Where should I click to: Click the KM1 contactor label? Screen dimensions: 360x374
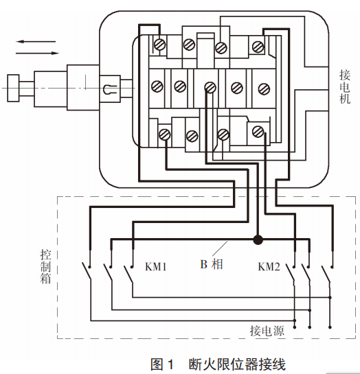(156, 266)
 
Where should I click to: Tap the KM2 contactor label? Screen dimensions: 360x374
(269, 266)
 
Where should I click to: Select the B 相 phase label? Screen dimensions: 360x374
(212, 264)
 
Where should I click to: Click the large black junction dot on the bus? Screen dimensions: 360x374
(258, 239)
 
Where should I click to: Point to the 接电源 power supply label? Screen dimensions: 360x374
(267, 331)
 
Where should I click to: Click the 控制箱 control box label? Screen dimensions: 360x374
(45, 267)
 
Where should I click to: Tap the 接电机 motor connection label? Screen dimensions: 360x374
(345, 86)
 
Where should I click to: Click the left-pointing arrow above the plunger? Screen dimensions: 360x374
(36, 41)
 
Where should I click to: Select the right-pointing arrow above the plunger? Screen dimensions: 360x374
(37, 53)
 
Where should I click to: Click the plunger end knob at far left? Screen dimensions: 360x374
(13, 89)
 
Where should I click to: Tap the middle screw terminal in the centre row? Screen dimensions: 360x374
(210, 88)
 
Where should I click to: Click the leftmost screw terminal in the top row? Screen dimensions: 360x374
(159, 44)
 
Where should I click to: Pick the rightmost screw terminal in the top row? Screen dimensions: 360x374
(258, 47)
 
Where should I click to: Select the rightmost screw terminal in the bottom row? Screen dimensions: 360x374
(258, 132)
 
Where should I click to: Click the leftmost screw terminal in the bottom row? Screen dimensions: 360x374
(165, 135)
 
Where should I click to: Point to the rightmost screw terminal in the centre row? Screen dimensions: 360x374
(264, 89)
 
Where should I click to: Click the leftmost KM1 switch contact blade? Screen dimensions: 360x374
(87, 271)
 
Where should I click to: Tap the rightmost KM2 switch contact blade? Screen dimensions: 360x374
(326, 274)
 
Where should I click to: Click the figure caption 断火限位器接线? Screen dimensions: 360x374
(237, 364)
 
